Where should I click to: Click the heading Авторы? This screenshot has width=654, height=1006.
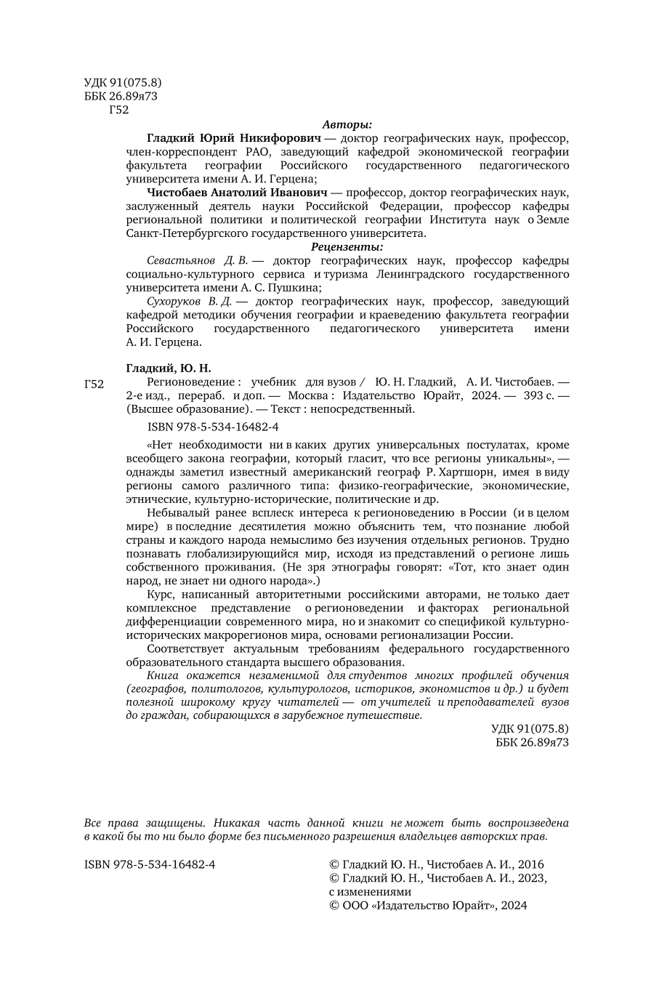tap(347, 124)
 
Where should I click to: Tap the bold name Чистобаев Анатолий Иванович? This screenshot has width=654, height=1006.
tap(237, 193)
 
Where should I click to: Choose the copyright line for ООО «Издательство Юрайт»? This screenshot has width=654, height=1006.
tap(428, 906)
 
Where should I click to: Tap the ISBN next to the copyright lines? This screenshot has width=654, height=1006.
tap(150, 865)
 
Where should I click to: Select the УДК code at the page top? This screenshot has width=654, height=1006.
tap(123, 83)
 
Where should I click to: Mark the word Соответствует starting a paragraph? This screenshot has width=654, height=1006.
tap(185, 648)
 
